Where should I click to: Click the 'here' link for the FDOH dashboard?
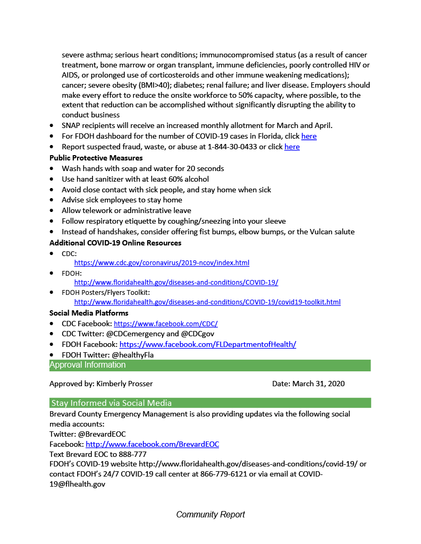coord(309,136)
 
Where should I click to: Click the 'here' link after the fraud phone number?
coord(292,147)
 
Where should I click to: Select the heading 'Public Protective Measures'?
coord(96,158)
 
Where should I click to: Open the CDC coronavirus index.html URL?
coord(162,262)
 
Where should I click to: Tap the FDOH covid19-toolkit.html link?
coord(207,302)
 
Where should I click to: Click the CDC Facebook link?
coord(166,324)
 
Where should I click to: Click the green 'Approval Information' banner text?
coord(88,365)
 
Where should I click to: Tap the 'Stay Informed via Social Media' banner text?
coord(111,403)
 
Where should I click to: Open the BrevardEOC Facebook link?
coord(152,444)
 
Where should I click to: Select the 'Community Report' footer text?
coord(210,514)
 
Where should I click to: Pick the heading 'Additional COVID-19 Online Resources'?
coord(115,243)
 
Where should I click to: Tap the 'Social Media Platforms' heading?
coord(89,313)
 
